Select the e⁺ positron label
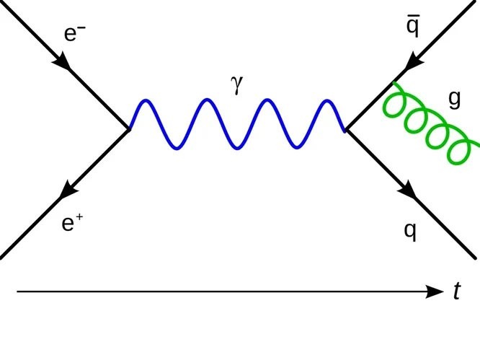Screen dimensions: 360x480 pyautogui.click(x=71, y=224)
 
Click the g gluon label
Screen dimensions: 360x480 pyautogui.click(x=454, y=100)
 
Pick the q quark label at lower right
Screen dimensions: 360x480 pyautogui.click(x=409, y=231)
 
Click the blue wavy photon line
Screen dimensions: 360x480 pyautogui.click(x=235, y=124)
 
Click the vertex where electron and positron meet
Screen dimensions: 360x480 pyautogui.click(x=129, y=129)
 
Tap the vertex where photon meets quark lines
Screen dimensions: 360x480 pyautogui.click(x=346, y=130)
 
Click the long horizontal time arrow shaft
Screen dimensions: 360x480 pyautogui.click(x=216, y=291)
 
